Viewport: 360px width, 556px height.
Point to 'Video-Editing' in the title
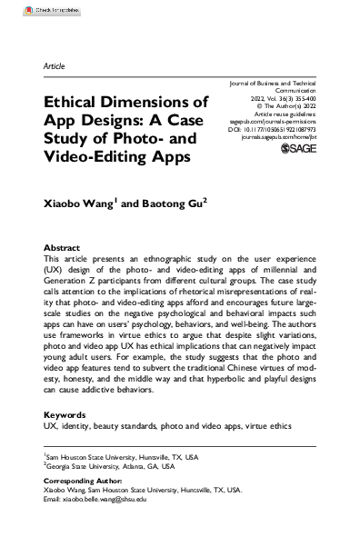click(x=88, y=155)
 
